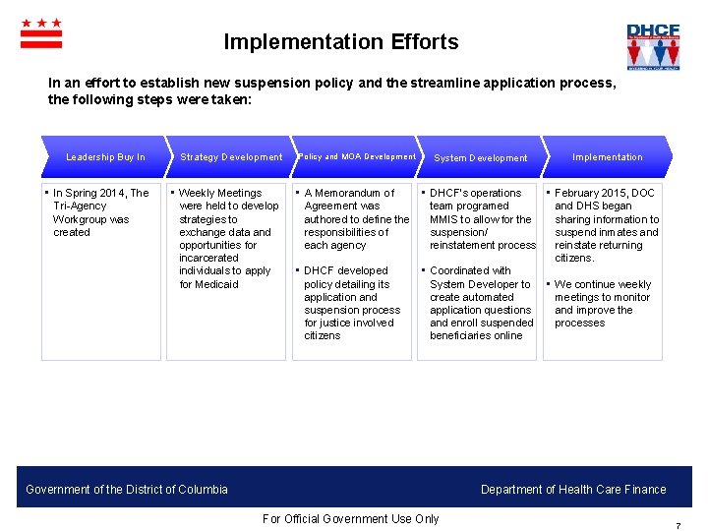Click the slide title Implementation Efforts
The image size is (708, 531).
point(340,42)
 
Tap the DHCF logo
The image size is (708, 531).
point(653,45)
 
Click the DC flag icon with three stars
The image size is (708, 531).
point(41,33)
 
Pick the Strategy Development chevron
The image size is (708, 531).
point(231,157)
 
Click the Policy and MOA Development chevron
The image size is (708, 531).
point(356,157)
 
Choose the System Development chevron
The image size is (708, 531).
point(481,157)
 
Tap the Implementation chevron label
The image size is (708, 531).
point(607,157)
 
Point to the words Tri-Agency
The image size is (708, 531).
point(80,206)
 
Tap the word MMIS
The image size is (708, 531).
point(444,219)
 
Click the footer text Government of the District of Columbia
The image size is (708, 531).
point(127,490)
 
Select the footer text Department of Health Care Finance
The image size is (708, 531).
point(573,490)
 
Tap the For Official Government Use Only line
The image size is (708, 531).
point(351,519)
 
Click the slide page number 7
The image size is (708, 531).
point(678,526)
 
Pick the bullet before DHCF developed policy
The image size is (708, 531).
point(298,270)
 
